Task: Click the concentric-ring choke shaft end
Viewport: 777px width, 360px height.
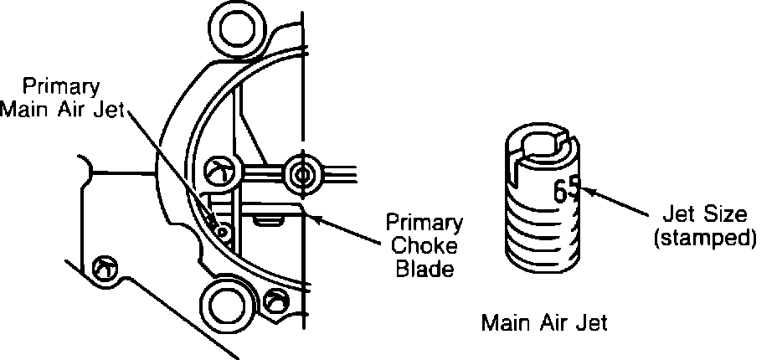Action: pyautogui.click(x=300, y=174)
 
